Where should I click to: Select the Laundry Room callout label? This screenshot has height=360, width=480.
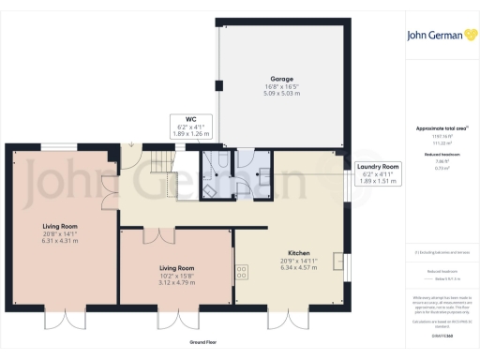click(x=378, y=166)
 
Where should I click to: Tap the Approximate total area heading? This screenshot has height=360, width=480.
click(x=442, y=128)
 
